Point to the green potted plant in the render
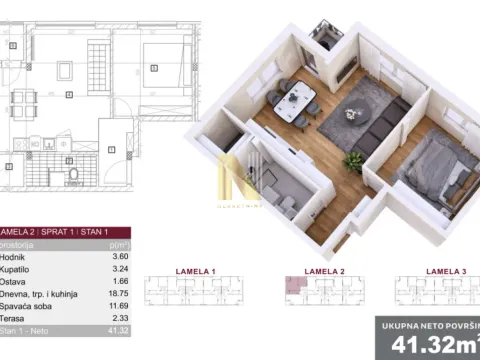(352, 159)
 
